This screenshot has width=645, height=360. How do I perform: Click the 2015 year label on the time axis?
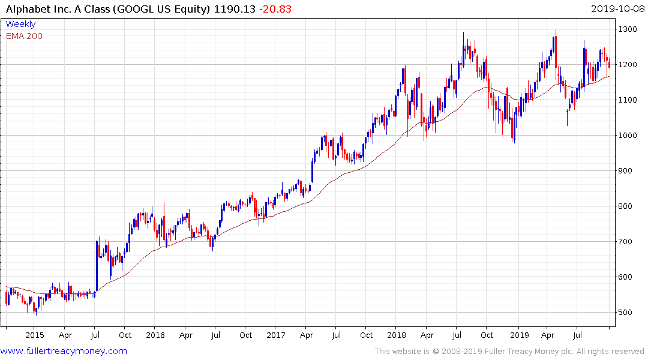click(35, 335)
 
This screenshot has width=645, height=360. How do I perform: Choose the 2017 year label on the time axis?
click(275, 335)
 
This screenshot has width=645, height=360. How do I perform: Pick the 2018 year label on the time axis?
click(396, 335)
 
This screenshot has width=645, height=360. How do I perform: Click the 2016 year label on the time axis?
click(155, 335)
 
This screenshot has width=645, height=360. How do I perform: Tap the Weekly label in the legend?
click(20, 25)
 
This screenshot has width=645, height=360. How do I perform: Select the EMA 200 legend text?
click(24, 36)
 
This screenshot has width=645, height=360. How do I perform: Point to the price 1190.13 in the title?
click(227, 8)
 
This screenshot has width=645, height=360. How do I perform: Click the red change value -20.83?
click(262, 8)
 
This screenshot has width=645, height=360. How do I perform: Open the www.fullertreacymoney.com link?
click(64, 351)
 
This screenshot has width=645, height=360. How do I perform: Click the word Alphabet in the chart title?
click(25, 8)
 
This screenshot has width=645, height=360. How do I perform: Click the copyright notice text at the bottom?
click(509, 352)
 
